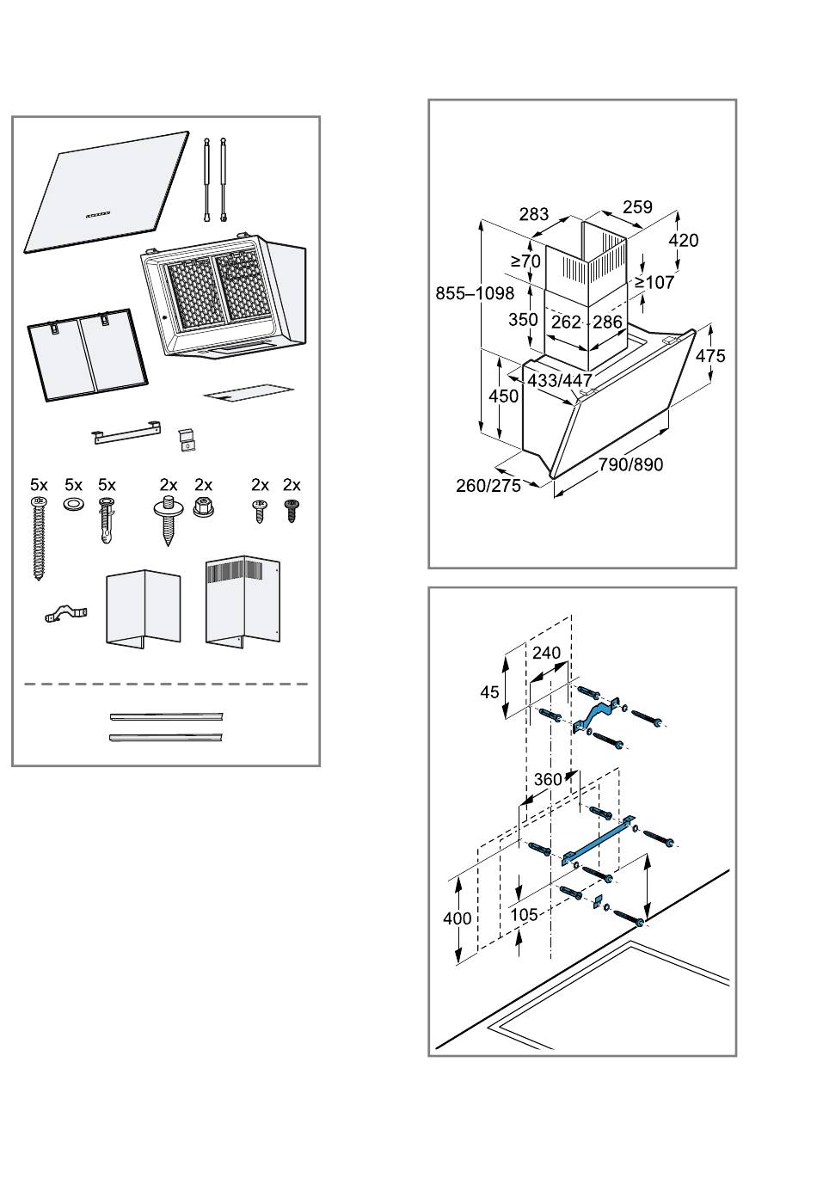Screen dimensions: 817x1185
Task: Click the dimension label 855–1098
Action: (474, 293)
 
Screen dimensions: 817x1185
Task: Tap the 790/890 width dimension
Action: (630, 464)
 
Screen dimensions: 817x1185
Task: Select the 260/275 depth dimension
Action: (488, 485)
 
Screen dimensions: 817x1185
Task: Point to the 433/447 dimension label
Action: (559, 380)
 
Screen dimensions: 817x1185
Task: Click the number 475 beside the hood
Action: (709, 355)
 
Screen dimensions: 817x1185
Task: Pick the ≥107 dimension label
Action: (654, 283)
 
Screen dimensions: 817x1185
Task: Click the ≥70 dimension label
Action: (525, 261)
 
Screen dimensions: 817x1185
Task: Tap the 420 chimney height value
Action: (683, 240)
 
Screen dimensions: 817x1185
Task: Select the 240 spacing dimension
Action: (546, 653)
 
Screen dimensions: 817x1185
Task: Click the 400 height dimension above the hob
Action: (458, 918)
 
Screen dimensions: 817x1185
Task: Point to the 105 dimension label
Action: (524, 915)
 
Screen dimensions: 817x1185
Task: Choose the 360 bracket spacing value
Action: (548, 779)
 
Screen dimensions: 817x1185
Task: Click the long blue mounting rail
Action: (598, 840)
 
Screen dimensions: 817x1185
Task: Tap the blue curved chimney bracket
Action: (595, 715)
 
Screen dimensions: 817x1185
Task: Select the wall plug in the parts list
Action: (107, 520)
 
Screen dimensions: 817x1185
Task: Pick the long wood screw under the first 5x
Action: (38, 538)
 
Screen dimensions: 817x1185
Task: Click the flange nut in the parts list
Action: (203, 507)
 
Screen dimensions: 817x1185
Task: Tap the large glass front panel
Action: (107, 192)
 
